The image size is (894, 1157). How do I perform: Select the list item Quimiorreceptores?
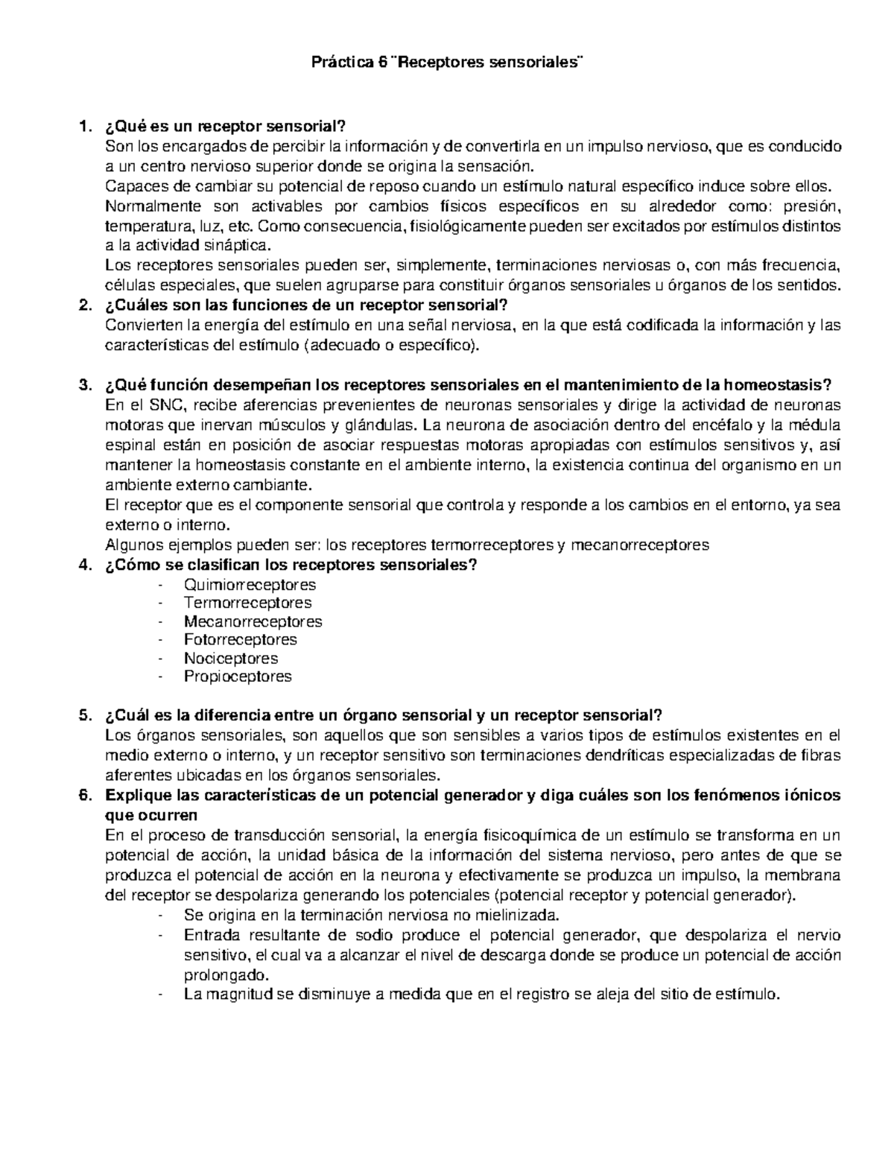[x=250, y=585]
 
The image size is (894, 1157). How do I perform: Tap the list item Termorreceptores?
[x=247, y=603]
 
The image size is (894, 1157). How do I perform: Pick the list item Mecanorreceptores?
[x=253, y=621]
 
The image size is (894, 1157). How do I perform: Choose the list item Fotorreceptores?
[x=240, y=639]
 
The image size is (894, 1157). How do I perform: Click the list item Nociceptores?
[x=231, y=659]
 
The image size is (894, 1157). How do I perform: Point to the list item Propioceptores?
[x=238, y=676]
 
